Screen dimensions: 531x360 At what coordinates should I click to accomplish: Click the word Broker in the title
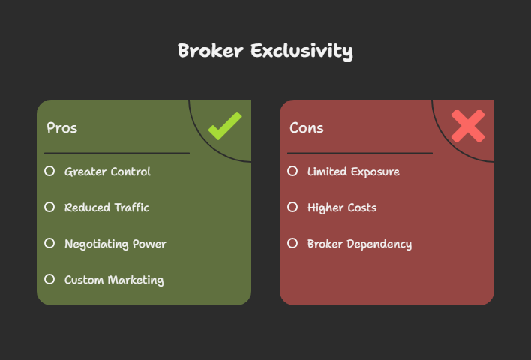tap(211, 51)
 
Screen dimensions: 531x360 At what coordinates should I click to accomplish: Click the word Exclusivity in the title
tap(302, 52)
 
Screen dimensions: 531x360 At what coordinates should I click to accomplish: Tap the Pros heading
tap(62, 128)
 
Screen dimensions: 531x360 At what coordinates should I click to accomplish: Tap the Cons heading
tap(307, 128)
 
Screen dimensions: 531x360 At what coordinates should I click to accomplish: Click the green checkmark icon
tap(225, 126)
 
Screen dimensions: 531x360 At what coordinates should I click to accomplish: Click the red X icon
tap(468, 126)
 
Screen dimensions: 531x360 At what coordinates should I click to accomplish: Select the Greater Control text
tap(108, 172)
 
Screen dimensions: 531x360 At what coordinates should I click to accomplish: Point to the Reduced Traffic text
tap(106, 208)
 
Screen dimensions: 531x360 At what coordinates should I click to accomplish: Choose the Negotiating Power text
tap(115, 244)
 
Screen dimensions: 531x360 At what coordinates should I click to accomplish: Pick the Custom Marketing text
tap(114, 280)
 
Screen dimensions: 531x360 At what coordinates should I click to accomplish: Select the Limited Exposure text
tap(353, 172)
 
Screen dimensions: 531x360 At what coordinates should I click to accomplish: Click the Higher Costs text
tap(342, 208)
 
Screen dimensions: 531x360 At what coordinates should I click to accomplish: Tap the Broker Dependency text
tap(360, 244)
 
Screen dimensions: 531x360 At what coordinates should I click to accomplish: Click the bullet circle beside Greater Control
tap(49, 171)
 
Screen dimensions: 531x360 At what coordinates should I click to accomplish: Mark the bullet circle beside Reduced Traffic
tap(49, 207)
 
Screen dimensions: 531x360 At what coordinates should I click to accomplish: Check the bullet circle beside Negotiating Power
tap(49, 243)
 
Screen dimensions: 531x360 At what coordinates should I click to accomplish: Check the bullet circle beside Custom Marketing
tap(49, 279)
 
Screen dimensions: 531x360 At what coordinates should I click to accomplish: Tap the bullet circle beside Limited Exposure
tap(292, 171)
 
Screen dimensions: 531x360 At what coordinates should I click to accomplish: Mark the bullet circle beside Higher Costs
tap(292, 207)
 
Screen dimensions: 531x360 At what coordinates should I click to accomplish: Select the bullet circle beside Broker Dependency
tap(292, 243)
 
